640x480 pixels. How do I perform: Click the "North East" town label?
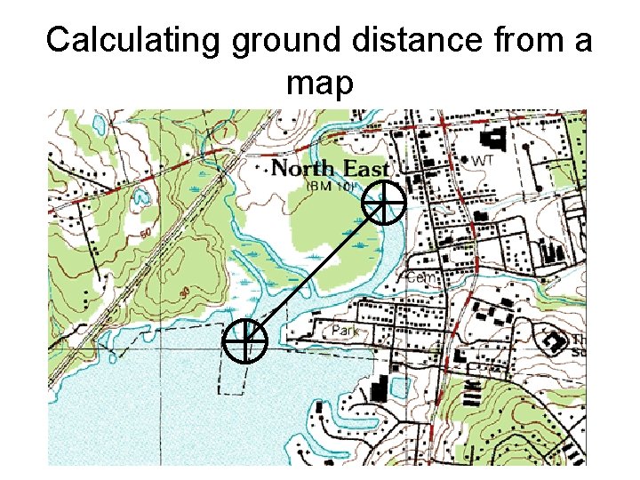(330, 168)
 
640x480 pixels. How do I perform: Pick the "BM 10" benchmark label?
(331, 187)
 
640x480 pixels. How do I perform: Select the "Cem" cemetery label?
(424, 278)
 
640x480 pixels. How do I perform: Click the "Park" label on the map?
(345, 332)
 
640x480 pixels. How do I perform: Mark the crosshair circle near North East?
(384, 204)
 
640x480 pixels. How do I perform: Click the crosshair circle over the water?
(244, 340)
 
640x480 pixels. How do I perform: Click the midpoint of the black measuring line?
(315, 271)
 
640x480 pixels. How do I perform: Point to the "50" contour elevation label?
(145, 233)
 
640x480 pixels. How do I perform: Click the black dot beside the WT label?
(464, 160)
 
